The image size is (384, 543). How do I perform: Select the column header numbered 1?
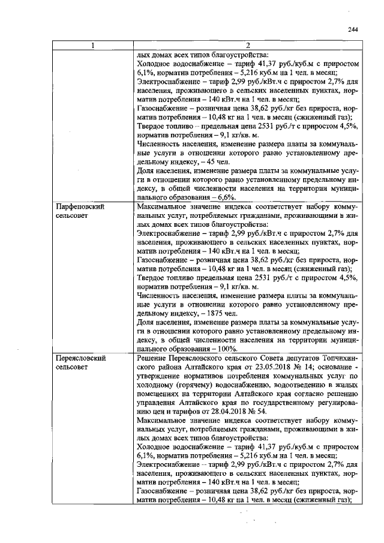coord(92,45)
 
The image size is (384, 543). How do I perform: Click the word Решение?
coord(154,357)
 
